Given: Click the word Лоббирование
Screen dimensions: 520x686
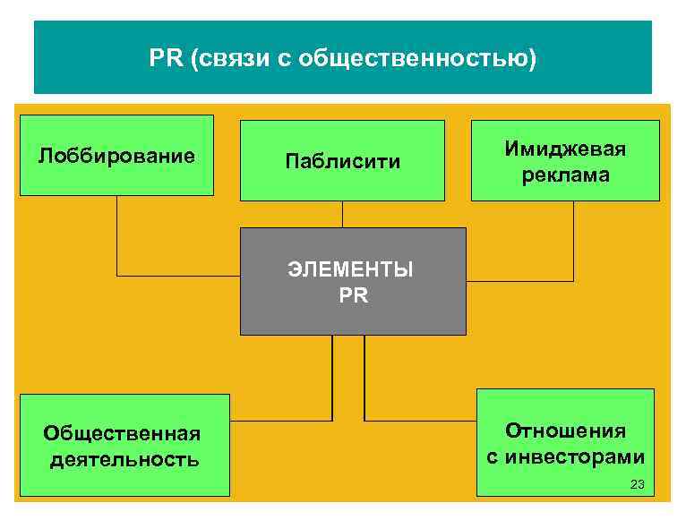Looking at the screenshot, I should (x=116, y=157).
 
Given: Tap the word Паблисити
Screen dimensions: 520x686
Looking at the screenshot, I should (x=343, y=162).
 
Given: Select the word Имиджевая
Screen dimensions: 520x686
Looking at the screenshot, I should (x=565, y=149).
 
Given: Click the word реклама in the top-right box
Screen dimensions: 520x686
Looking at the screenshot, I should (x=566, y=175).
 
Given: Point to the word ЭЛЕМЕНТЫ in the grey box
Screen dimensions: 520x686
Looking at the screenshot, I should (x=352, y=269).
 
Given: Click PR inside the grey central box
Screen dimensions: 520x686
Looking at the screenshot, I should (x=353, y=294).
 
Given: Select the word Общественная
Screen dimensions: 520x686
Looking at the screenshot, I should (x=122, y=434).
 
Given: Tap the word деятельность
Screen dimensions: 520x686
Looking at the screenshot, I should (x=124, y=460).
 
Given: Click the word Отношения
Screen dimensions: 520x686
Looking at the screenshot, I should (x=565, y=430).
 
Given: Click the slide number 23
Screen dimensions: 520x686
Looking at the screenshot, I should (x=637, y=484).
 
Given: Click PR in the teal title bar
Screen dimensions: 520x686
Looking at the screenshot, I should (x=165, y=60).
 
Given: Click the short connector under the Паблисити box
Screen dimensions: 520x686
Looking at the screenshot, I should (x=342, y=214).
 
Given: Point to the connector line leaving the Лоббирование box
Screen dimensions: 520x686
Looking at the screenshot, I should (x=117, y=237).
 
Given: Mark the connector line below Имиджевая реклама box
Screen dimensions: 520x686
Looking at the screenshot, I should (x=573, y=242).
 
